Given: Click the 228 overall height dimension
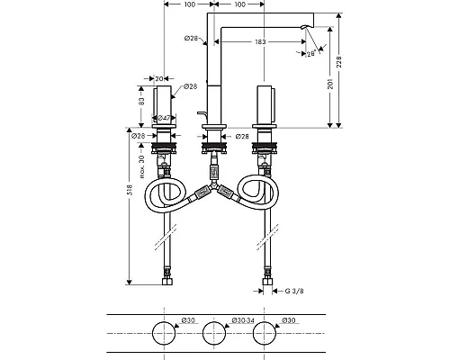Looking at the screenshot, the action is pyautogui.click(x=339, y=62).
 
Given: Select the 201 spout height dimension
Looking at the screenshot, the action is pyautogui.click(x=330, y=84).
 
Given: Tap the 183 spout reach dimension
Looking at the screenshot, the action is pyautogui.click(x=260, y=41).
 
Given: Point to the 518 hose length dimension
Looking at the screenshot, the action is pyautogui.click(x=130, y=190).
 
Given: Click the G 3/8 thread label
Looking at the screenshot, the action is pyautogui.click(x=294, y=291).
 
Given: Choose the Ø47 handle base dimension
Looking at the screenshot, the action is pyautogui.click(x=164, y=118).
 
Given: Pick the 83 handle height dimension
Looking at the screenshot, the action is pyautogui.click(x=141, y=101).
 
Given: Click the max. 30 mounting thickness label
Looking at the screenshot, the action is pyautogui.click(x=141, y=166).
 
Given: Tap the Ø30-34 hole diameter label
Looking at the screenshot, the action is pyautogui.click(x=243, y=320).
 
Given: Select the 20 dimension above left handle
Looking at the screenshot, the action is pyautogui.click(x=159, y=79).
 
